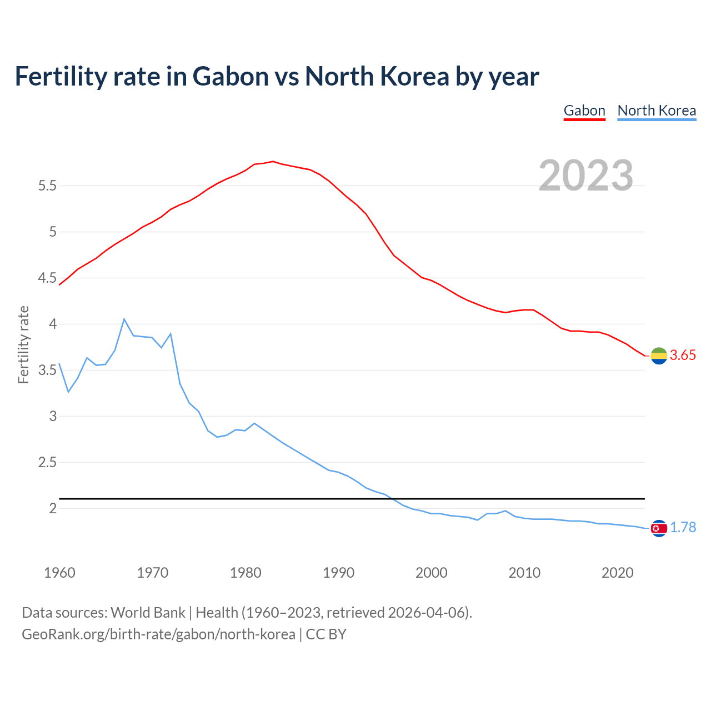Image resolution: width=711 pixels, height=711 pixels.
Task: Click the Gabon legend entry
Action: tap(584, 111)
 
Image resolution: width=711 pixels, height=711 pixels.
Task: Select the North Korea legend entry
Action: tap(657, 111)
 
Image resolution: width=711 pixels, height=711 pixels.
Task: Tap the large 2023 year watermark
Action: tap(586, 176)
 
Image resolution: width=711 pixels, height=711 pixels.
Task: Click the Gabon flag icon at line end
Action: tap(659, 356)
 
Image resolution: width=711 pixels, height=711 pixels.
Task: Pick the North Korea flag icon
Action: tap(659, 528)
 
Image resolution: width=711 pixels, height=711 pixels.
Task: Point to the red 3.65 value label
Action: tap(683, 355)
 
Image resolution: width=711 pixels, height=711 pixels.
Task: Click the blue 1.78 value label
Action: tap(683, 528)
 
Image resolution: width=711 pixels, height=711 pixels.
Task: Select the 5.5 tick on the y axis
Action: tap(47, 186)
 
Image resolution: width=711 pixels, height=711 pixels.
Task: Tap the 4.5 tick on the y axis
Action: tap(47, 278)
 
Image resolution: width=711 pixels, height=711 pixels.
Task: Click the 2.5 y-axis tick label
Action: tap(47, 463)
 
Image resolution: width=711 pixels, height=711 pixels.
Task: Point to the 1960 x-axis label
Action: tap(59, 573)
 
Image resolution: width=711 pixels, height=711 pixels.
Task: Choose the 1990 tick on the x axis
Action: tap(338, 573)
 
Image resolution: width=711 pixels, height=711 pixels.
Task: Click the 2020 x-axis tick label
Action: tap(617, 573)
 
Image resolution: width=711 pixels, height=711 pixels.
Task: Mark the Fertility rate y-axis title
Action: tap(23, 344)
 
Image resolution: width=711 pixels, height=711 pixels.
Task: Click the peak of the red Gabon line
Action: tap(273, 162)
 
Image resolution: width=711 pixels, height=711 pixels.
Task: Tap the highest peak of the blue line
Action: tap(124, 319)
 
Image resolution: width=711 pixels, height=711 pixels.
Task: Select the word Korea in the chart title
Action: tap(414, 77)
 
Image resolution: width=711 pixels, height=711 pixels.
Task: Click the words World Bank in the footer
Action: tap(148, 613)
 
